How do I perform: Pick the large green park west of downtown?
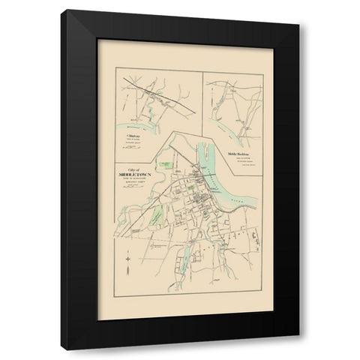pos(155,217)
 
